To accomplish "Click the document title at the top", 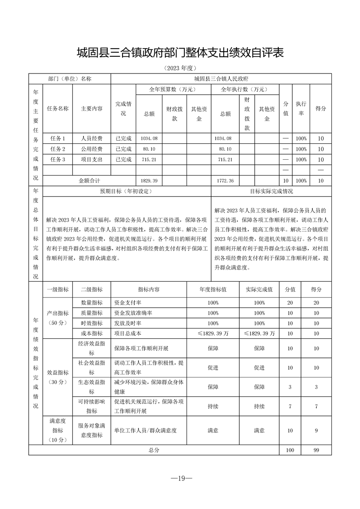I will point(180,53).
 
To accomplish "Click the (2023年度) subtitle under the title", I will point(180,69).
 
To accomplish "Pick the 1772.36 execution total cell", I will point(225,181).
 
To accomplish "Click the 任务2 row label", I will point(58,149).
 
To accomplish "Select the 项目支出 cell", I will point(92,160).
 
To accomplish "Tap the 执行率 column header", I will point(301,109).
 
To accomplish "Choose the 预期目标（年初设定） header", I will point(126,191).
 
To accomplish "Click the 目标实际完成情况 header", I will point(271,191).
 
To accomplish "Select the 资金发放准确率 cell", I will point(133,313).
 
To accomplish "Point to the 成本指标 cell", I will point(92,333).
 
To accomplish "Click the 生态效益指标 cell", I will point(92,387).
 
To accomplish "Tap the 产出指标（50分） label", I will point(58,318).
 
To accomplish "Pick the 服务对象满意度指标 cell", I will point(92,430).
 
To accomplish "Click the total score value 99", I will point(316,450).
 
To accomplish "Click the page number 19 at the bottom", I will point(180,479).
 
